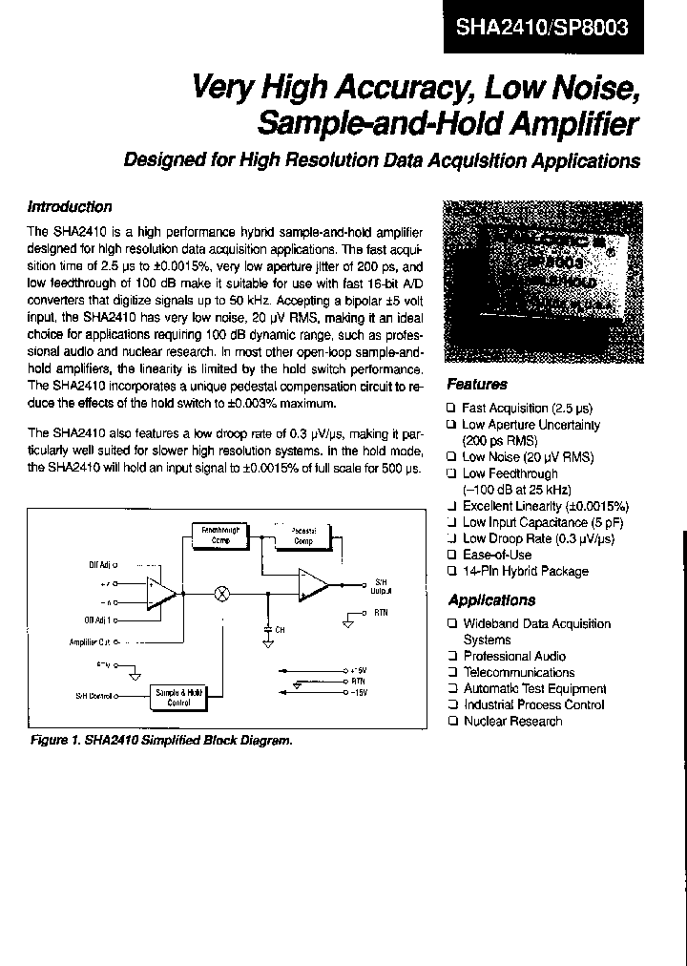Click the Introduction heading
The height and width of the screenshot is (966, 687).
point(70,207)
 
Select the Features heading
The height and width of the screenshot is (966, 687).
point(477,385)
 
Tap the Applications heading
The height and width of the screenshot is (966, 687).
point(491,600)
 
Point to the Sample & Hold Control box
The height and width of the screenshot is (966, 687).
point(179,698)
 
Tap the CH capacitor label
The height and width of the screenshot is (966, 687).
point(280,630)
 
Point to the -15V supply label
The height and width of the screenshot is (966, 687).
point(359,692)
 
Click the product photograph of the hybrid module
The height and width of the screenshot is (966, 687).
point(537,283)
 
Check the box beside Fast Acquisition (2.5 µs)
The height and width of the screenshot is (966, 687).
point(451,408)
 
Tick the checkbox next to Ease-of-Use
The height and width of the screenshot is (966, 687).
point(451,555)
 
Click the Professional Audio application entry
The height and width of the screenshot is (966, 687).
point(513,656)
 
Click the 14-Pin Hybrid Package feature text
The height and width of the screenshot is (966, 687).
point(525,571)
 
